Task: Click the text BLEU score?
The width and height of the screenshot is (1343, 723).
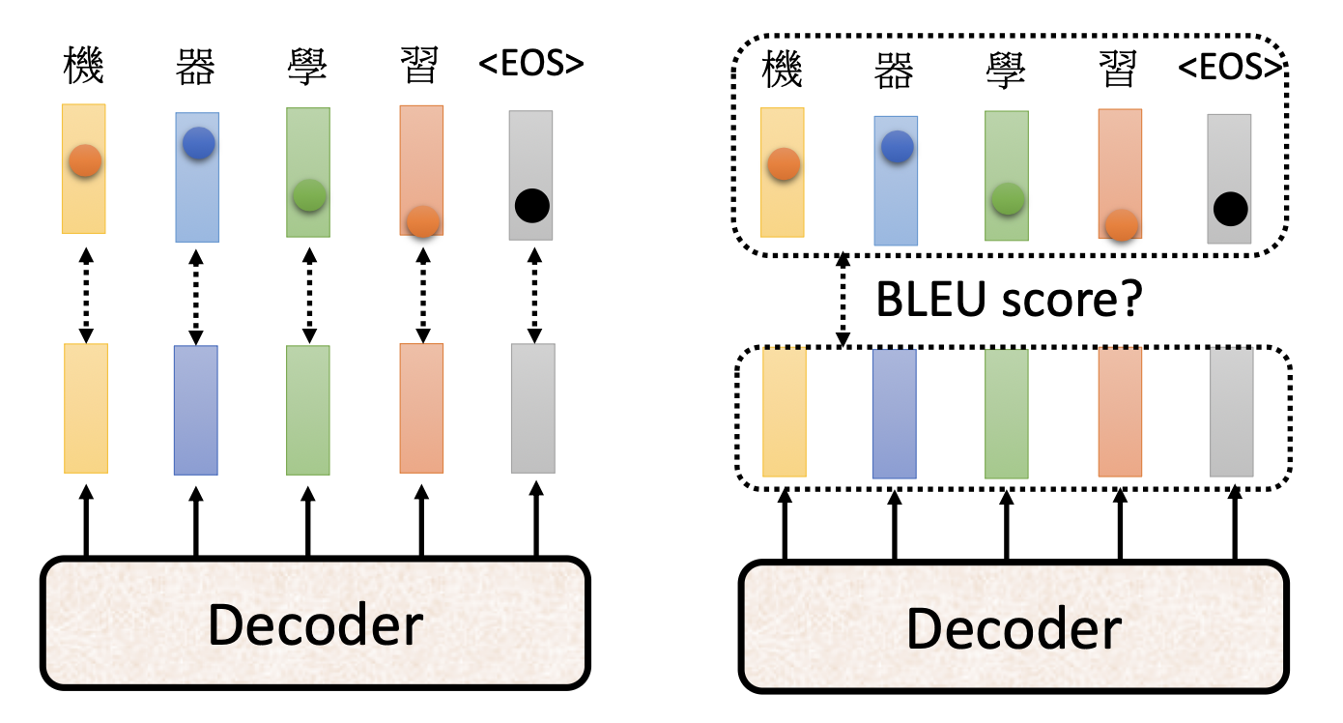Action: tap(1008, 301)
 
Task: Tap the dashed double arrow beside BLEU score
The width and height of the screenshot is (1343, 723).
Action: tap(843, 301)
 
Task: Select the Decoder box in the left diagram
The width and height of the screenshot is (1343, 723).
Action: tap(314, 623)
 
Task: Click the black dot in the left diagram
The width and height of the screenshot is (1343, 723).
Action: tap(531, 205)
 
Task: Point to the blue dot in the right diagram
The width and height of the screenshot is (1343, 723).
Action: tap(898, 147)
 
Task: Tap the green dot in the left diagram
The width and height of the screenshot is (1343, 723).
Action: tap(308, 195)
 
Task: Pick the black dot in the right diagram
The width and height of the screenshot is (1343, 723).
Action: tap(1230, 208)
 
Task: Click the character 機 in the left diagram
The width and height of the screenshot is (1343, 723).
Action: tap(83, 66)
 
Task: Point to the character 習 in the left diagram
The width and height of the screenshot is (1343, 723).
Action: tap(420, 66)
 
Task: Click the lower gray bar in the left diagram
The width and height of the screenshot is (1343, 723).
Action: tap(532, 408)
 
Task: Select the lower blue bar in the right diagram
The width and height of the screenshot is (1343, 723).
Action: tap(895, 414)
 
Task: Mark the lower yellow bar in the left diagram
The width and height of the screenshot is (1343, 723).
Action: tap(85, 408)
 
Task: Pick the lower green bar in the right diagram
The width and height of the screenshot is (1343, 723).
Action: tap(1006, 414)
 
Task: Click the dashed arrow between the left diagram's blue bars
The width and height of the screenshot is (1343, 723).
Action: tap(196, 293)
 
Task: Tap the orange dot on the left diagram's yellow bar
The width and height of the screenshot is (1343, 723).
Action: tap(85, 161)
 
